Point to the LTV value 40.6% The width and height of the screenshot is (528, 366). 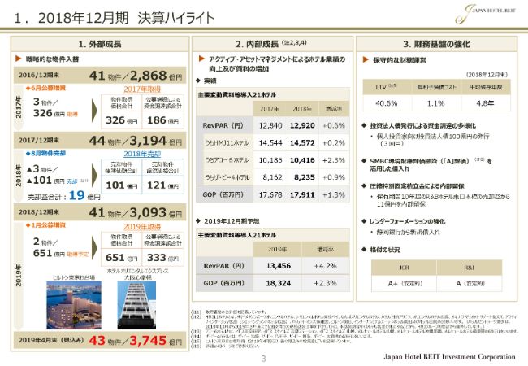(x=387, y=103)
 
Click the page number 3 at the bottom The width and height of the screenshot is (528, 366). (x=263, y=359)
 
